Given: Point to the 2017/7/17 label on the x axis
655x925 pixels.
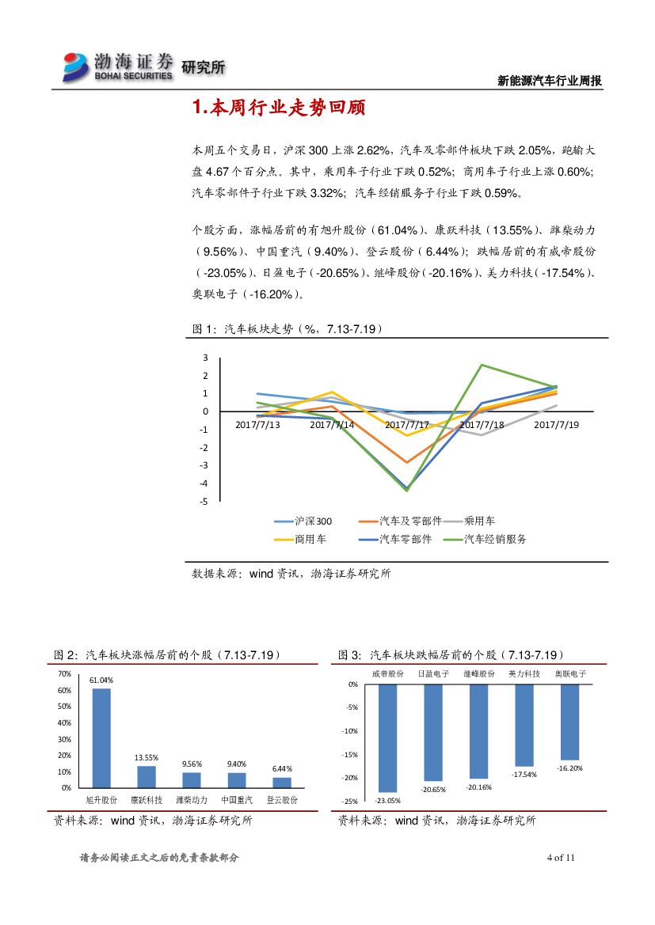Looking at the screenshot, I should click(407, 425).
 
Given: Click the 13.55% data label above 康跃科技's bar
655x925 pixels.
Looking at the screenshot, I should click(147, 757).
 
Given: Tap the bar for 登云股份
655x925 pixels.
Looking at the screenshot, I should click(281, 783).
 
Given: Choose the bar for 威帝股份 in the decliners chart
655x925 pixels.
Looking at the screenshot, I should click(387, 738).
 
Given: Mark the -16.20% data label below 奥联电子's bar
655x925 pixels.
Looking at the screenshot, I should click(569, 768).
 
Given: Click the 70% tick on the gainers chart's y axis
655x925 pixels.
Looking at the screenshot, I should click(64, 673).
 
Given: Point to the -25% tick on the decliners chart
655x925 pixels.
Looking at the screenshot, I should click(349, 802).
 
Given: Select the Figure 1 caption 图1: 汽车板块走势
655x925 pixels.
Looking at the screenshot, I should click(288, 329).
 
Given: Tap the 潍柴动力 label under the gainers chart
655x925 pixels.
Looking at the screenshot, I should click(192, 800).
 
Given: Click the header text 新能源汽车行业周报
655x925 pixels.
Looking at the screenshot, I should click(549, 81).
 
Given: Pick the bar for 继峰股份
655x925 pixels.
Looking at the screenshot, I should click(478, 731).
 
